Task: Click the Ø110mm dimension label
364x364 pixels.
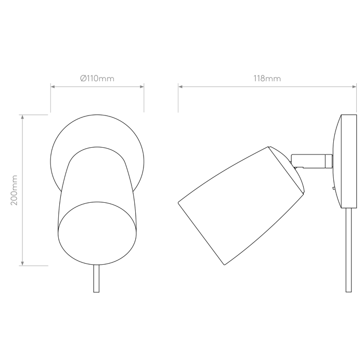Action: click(x=97, y=79)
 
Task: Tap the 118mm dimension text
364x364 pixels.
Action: click(x=267, y=79)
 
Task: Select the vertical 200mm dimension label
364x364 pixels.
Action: click(x=14, y=190)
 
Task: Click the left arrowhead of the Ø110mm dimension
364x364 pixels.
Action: click(x=53, y=87)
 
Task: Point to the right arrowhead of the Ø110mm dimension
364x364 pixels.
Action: click(x=142, y=87)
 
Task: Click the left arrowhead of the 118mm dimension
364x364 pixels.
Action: click(x=180, y=87)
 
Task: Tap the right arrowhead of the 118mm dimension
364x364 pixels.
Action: click(x=354, y=87)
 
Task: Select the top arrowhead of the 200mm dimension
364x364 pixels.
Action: click(x=22, y=117)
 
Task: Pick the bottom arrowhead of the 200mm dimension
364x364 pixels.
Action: click(x=22, y=264)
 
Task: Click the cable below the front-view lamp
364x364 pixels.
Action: click(x=96, y=279)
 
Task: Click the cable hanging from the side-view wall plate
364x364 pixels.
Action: click(x=348, y=250)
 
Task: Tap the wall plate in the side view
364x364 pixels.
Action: click(x=345, y=161)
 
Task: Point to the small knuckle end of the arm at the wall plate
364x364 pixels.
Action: click(x=329, y=161)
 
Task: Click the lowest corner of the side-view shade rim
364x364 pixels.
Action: click(x=225, y=265)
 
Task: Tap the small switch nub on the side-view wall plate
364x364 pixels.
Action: click(x=334, y=188)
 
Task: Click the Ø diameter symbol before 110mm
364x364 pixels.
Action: click(x=83, y=79)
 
